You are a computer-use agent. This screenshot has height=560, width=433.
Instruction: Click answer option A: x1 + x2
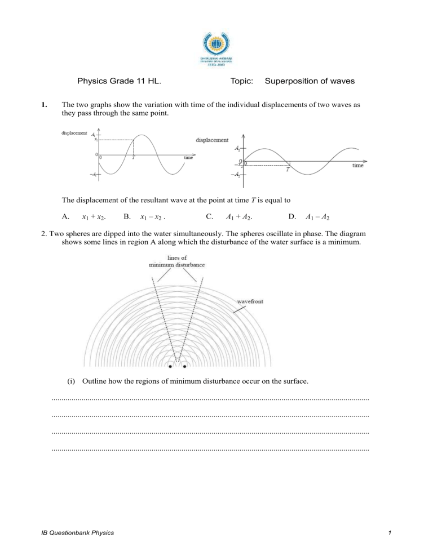[x=84, y=216]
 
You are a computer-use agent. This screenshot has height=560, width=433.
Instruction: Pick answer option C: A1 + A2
[x=229, y=216]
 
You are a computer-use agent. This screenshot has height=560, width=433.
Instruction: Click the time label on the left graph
[x=189, y=158]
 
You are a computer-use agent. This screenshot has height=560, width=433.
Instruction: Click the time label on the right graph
[x=358, y=166]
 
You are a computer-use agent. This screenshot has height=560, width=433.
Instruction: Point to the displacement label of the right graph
[x=212, y=140]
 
